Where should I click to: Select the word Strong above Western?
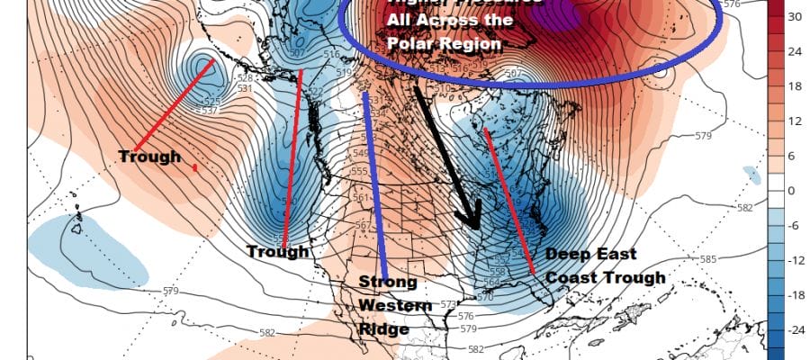click(388, 283)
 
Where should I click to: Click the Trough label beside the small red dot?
click(148, 157)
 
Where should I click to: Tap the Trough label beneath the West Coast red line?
click(278, 251)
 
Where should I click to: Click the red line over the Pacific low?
click(174, 104)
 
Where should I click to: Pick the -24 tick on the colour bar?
click(796, 331)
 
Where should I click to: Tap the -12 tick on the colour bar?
click(796, 261)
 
